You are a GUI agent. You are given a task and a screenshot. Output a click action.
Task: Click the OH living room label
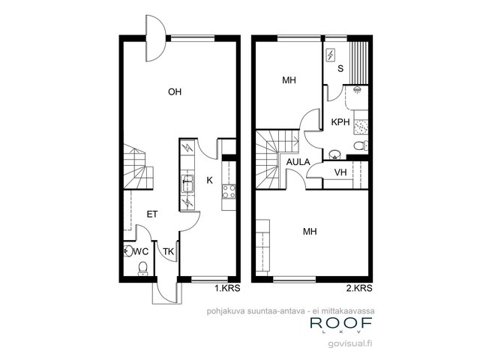(175, 91)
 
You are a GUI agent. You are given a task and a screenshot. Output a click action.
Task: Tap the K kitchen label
(209, 180)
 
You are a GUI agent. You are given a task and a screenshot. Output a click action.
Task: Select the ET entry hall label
(152, 214)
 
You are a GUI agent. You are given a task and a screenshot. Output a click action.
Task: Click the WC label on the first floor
(141, 252)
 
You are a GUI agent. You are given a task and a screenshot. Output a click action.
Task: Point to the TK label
(168, 252)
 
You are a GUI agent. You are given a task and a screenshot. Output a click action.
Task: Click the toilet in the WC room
(142, 268)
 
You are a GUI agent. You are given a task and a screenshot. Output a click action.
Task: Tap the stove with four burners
(229, 192)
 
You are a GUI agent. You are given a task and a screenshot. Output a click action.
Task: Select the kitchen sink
(187, 183)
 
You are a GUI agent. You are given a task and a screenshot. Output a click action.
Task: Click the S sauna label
(340, 68)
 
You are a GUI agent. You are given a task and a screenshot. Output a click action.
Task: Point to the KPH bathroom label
(340, 122)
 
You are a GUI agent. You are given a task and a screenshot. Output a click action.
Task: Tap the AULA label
(298, 162)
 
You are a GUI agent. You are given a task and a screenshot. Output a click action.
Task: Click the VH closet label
(340, 172)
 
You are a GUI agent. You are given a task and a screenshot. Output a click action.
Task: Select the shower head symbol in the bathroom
(357, 90)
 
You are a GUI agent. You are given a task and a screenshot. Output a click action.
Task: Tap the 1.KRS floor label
(227, 288)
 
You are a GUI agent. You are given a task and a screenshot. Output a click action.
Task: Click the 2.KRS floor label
(359, 288)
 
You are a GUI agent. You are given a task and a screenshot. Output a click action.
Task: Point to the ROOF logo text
(341, 323)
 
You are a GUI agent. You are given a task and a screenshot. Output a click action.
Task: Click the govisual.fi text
(350, 344)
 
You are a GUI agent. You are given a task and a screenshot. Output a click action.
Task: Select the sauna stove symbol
(331, 55)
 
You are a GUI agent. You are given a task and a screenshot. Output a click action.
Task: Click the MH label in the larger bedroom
(310, 232)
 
